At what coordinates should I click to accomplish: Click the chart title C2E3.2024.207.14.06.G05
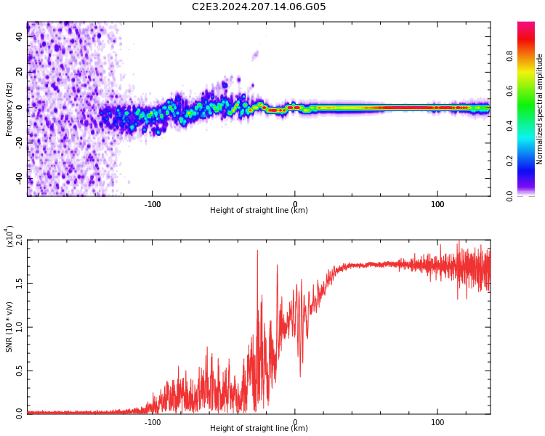tap(259, 7)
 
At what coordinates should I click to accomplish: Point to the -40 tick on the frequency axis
tap(18, 178)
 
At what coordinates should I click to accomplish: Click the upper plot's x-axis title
tap(259, 211)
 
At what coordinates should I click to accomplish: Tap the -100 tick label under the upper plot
tap(152, 204)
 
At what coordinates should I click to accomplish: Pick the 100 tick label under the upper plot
tap(437, 204)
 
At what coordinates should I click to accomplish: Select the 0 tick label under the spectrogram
tap(295, 204)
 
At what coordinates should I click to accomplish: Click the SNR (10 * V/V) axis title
tap(9, 327)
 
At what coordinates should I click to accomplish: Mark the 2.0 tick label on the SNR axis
tap(19, 241)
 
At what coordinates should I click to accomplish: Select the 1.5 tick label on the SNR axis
tap(19, 283)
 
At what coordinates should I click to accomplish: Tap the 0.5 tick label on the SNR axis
tap(19, 371)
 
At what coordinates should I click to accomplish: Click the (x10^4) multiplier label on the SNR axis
tap(9, 236)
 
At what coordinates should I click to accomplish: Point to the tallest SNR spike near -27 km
tap(257, 251)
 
